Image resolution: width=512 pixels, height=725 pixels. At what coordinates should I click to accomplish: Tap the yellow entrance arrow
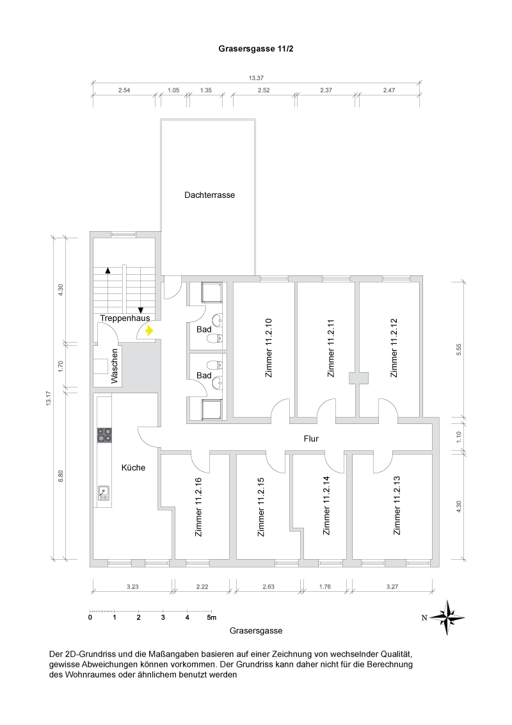[149, 331]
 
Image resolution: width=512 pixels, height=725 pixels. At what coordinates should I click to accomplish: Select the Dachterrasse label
[209, 195]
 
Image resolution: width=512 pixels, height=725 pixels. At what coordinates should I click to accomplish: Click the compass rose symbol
[447, 617]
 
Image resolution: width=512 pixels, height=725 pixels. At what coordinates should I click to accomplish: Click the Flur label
[311, 439]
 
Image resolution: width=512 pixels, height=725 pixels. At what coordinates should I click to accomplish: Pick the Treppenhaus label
[125, 318]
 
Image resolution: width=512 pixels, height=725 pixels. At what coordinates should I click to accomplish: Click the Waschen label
[115, 366]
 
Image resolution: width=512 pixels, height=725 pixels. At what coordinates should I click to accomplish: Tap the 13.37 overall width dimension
[256, 78]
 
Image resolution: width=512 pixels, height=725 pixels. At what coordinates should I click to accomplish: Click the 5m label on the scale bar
[212, 617]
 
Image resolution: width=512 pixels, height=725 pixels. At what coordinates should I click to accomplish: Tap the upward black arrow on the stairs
[108, 271]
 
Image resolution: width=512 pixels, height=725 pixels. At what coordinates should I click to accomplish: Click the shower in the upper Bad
[211, 293]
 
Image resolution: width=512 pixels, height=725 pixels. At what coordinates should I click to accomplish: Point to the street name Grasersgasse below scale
[255, 631]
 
